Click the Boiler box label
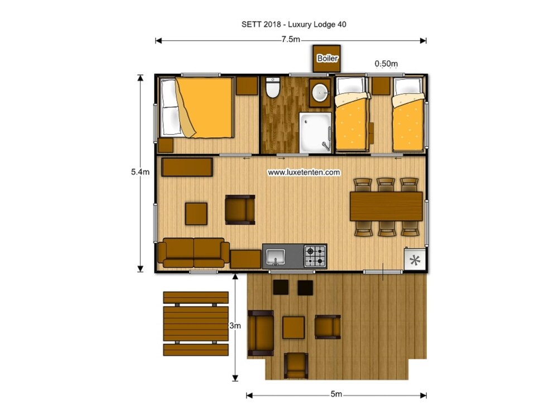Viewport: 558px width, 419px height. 327,58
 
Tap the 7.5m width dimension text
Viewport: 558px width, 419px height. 291,40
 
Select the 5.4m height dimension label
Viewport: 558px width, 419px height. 140,172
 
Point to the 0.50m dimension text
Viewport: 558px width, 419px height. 386,64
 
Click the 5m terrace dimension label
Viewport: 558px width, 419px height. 336,394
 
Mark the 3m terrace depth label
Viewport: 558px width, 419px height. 235,326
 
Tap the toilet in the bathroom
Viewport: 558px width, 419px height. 273,87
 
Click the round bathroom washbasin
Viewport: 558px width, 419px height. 320,93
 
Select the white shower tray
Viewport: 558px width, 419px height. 315,132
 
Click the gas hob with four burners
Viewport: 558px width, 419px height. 315,256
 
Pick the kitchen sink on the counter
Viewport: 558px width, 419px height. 276,257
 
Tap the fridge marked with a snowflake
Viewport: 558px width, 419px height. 415,260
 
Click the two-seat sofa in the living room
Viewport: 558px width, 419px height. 194,253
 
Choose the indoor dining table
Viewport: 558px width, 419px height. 386,206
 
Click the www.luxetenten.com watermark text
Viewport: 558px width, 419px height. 304,173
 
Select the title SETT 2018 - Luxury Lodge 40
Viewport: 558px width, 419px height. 294,24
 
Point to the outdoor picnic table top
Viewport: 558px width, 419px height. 195,323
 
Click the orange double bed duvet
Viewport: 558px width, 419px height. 205,108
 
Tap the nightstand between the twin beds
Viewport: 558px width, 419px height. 381,86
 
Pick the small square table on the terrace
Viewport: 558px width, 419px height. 294,327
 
